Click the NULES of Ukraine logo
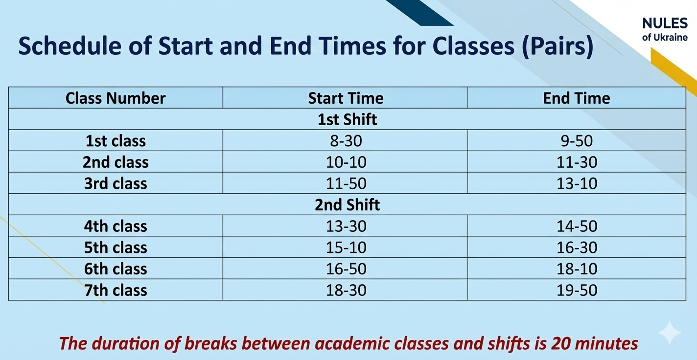click(x=665, y=29)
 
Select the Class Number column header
click(x=116, y=98)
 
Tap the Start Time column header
click(x=346, y=98)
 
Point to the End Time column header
click(x=577, y=98)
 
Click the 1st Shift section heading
click(x=347, y=119)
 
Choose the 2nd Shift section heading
click(x=347, y=205)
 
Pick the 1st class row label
click(x=116, y=141)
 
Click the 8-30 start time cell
click(x=346, y=141)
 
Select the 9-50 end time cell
click(x=577, y=141)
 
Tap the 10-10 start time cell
click(x=346, y=162)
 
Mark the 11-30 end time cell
click(x=577, y=162)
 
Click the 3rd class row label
click(x=116, y=183)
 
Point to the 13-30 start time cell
click(x=346, y=226)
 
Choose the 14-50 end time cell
click(x=577, y=226)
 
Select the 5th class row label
click(x=116, y=247)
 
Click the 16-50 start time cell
click(x=346, y=269)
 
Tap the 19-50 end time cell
click(x=577, y=291)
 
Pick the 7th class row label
click(x=116, y=291)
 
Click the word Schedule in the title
click(x=70, y=46)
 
